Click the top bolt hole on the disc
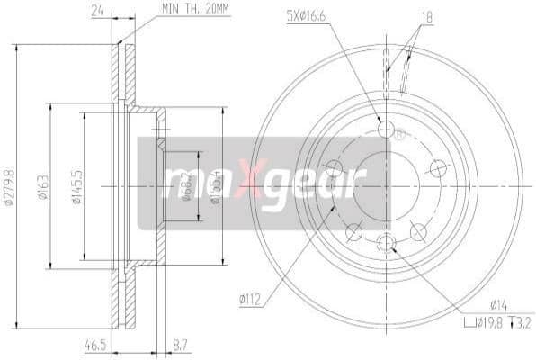tap(387, 130)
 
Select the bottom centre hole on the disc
tap(387, 242)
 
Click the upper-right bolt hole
tap(439, 168)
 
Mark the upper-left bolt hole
tap(334, 168)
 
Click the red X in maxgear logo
tap(255, 184)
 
